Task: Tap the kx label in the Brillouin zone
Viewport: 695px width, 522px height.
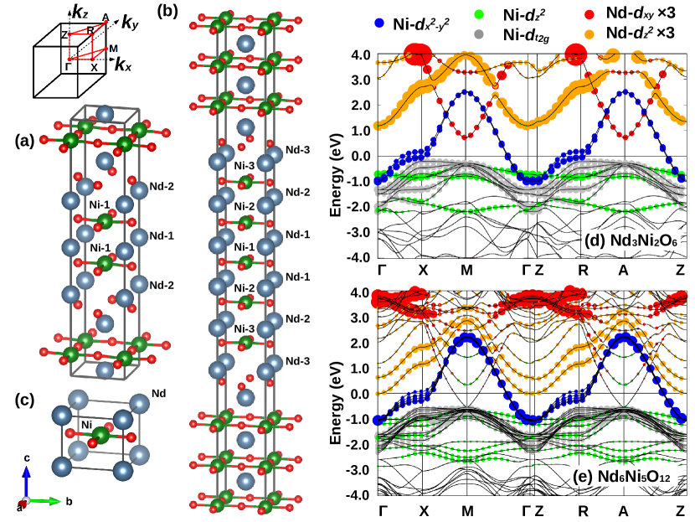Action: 125,65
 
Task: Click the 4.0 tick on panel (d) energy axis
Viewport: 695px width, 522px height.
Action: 359,55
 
